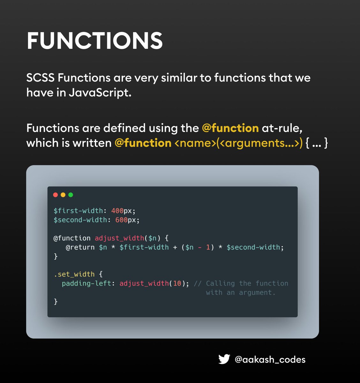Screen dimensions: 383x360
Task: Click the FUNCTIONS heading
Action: pyautogui.click(x=94, y=41)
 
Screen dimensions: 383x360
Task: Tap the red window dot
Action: pyautogui.click(x=55, y=195)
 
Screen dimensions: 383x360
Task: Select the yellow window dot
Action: pyautogui.click(x=63, y=195)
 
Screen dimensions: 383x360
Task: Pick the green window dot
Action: pyautogui.click(x=71, y=195)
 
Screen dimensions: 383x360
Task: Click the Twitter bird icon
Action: pyautogui.click(x=224, y=359)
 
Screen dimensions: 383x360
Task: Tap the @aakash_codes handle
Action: pyautogui.click(x=270, y=360)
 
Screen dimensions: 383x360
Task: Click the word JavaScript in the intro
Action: pyautogui.click(x=100, y=93)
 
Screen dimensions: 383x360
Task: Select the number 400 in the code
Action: pyautogui.click(x=117, y=211)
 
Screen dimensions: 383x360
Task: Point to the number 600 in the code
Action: pyautogui.click(x=121, y=220)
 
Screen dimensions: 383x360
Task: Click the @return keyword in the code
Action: pyautogui.click(x=80, y=247)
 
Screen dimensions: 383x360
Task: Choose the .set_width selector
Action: pyautogui.click(x=74, y=274)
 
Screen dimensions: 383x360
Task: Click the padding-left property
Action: pyautogui.click(x=86, y=283)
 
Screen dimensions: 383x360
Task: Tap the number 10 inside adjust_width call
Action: pyautogui.click(x=177, y=283)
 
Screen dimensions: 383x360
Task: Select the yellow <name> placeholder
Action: pyautogui.click(x=195, y=143)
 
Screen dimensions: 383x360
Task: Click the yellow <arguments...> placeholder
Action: pyautogui.click(x=259, y=143)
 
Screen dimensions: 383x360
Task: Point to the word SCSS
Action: pyautogui.click(x=40, y=78)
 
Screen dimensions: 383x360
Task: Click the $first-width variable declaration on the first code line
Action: pyautogui.click(x=78, y=211)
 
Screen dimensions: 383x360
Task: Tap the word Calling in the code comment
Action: pyautogui.click(x=220, y=283)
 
